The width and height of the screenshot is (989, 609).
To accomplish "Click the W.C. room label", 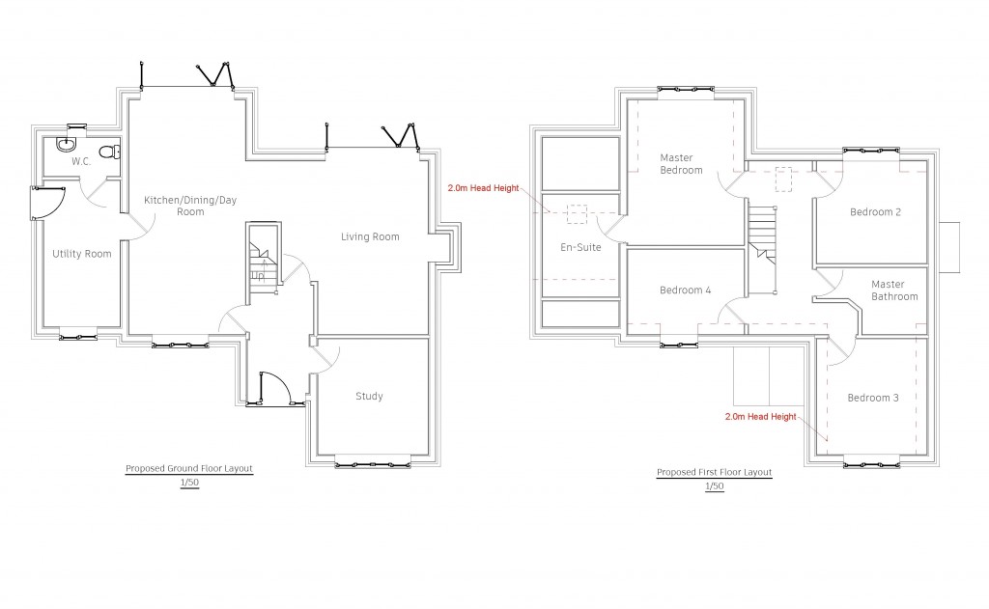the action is pyautogui.click(x=81, y=161).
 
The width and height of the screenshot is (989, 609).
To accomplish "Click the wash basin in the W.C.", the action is pyautogui.click(x=67, y=145).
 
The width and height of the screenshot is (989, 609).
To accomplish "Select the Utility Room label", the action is pyautogui.click(x=82, y=254).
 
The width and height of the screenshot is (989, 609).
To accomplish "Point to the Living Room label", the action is pyautogui.click(x=370, y=236).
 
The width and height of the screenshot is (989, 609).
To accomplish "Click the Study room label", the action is pyautogui.click(x=369, y=396).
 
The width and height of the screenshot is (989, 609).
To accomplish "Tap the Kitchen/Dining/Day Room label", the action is pyautogui.click(x=190, y=206).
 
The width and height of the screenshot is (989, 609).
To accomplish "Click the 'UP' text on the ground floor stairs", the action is pyautogui.click(x=258, y=275).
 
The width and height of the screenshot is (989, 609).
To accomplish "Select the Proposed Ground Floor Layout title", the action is pyautogui.click(x=189, y=468).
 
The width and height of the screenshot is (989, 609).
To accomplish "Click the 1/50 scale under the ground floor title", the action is pyautogui.click(x=189, y=483).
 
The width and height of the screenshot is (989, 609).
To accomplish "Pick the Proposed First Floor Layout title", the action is pyautogui.click(x=715, y=472).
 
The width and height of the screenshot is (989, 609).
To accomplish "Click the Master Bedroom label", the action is pyautogui.click(x=681, y=164).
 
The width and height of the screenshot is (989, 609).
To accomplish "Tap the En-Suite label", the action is pyautogui.click(x=580, y=247).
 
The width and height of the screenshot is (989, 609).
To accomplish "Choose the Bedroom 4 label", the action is pyautogui.click(x=686, y=290).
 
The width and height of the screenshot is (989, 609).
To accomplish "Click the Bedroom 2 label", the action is pyautogui.click(x=875, y=211).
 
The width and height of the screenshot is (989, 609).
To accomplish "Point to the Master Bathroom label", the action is pyautogui.click(x=894, y=291).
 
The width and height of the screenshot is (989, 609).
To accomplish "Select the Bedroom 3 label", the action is pyautogui.click(x=873, y=398).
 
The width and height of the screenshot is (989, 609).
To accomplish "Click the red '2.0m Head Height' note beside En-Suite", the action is pyautogui.click(x=483, y=188).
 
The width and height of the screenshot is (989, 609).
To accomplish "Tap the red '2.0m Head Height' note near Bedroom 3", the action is pyautogui.click(x=761, y=417).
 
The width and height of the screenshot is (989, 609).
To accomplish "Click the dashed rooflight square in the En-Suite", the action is pyautogui.click(x=577, y=214).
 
